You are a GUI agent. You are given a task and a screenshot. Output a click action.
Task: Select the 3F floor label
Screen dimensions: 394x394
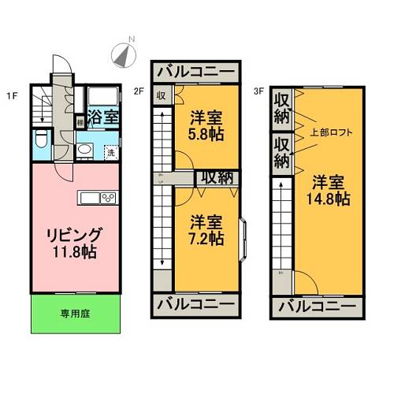(x=258, y=91)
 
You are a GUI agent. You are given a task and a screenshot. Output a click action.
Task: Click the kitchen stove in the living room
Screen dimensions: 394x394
(x=108, y=196)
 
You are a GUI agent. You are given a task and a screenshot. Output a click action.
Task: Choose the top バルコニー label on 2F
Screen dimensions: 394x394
(x=196, y=72)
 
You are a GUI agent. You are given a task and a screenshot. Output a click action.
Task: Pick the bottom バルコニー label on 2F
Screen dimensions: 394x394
(x=196, y=303)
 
